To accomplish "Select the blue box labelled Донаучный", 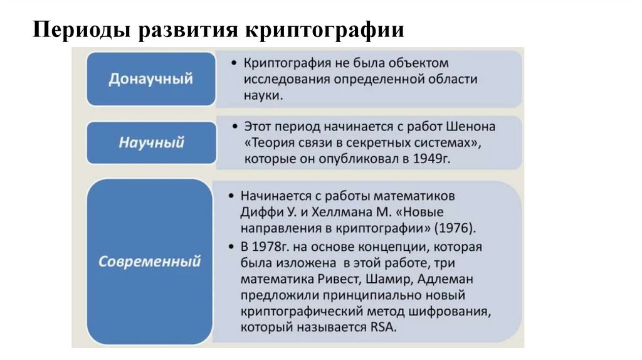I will (x=150, y=80).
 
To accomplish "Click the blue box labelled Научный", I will (x=151, y=142).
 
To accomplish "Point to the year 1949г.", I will (x=432, y=159).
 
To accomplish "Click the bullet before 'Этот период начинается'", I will (x=233, y=127).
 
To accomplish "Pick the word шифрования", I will (x=450, y=312).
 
